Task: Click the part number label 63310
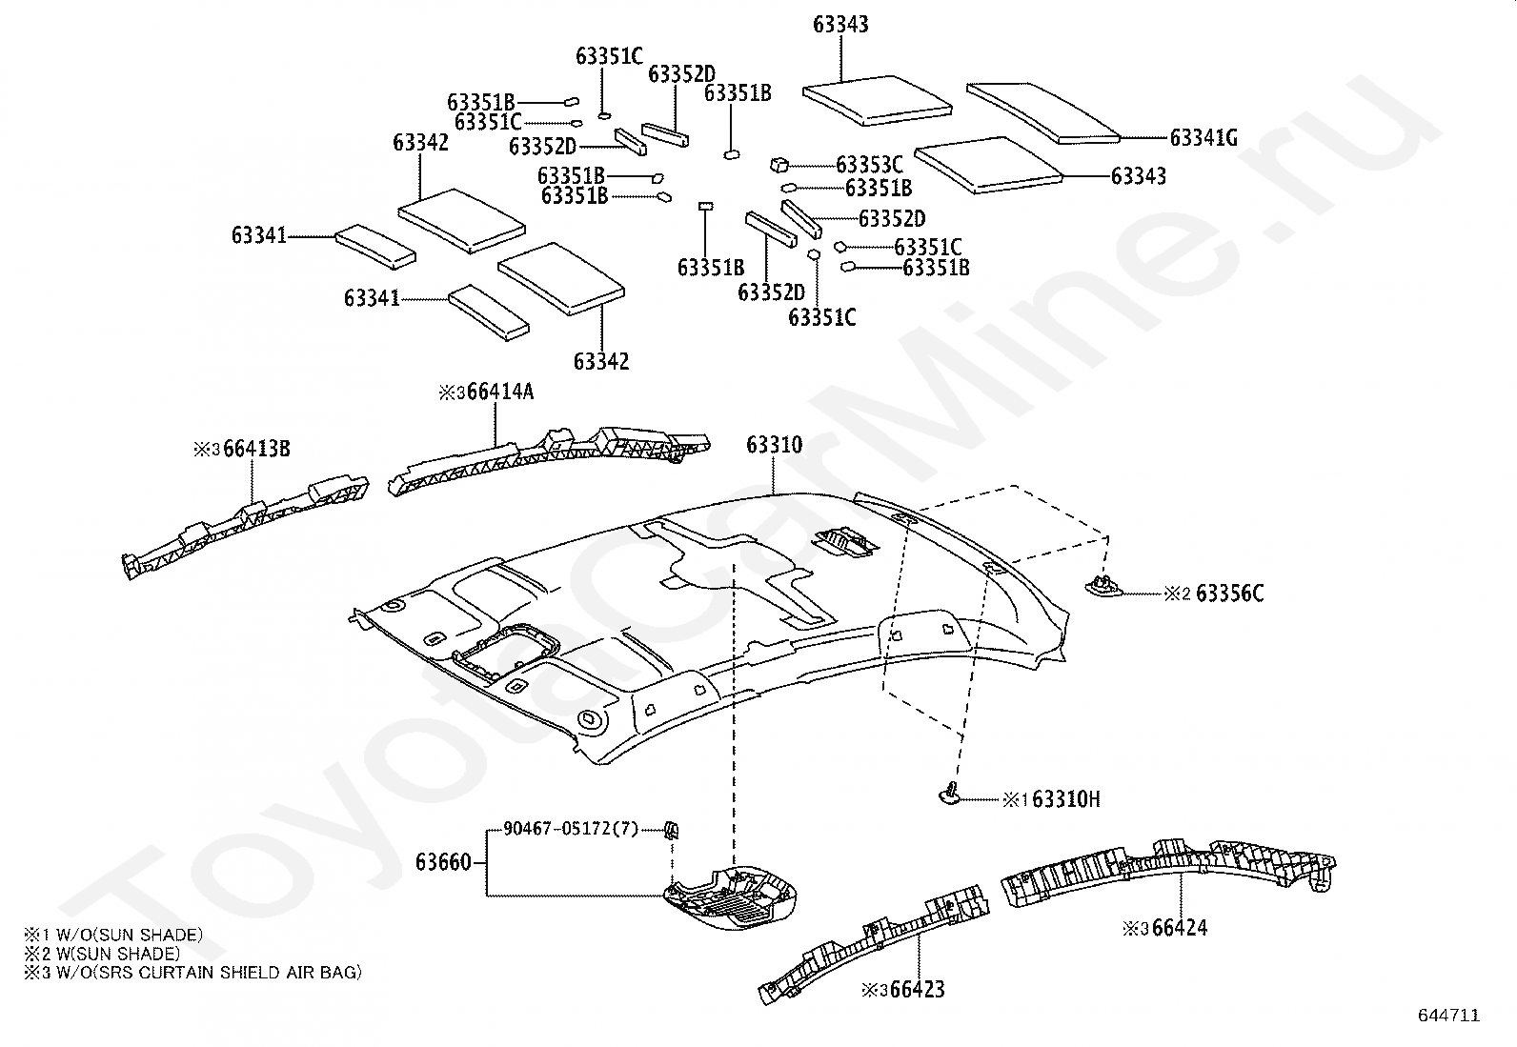tap(774, 445)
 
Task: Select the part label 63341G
tap(1203, 137)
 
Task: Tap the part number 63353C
tap(869, 165)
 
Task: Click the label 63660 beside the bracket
tap(443, 862)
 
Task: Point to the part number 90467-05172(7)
tap(571, 829)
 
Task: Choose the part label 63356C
tap(1230, 594)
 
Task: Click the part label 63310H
tap(1066, 799)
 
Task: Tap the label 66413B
tap(256, 449)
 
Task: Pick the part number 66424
tap(1179, 928)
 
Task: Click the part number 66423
tap(917, 990)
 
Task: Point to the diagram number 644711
tap(1449, 1016)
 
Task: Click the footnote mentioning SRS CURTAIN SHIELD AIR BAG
tap(193, 973)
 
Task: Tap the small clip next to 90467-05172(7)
tap(671, 830)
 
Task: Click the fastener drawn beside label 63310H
tap(950, 794)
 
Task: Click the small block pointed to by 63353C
tap(779, 164)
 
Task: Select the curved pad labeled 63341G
tap(1042, 112)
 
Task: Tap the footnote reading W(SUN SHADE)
tap(102, 954)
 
